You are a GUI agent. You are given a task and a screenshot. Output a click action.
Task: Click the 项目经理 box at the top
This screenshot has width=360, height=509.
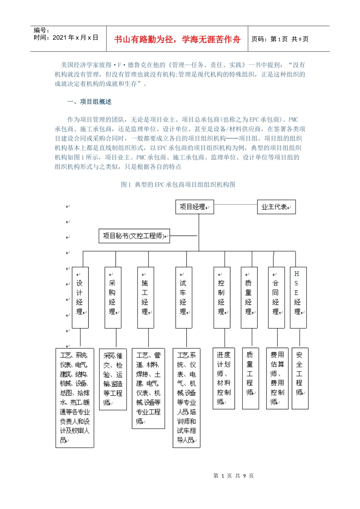194,207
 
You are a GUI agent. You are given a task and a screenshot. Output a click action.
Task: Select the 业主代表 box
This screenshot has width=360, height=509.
276,207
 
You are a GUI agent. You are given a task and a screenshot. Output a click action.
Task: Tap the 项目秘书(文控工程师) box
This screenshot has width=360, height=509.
134,236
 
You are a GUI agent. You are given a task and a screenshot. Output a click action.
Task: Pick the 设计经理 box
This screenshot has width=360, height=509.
80,297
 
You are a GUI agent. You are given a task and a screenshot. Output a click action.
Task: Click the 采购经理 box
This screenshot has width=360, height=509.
113,297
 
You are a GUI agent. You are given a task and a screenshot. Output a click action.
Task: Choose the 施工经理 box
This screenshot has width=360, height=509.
146,297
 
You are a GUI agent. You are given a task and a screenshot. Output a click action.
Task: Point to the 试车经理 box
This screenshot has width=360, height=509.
184,297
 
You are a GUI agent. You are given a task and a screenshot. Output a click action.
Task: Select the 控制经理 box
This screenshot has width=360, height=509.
222,297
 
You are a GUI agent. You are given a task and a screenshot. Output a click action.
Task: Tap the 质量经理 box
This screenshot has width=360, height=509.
249,297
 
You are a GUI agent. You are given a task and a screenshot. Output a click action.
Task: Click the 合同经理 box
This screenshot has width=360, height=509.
276,297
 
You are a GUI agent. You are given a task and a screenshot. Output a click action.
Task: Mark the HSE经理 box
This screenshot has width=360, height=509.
298,297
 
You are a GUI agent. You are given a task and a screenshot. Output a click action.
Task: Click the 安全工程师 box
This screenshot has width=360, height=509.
300,378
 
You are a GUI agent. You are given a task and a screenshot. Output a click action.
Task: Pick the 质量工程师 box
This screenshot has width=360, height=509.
250,378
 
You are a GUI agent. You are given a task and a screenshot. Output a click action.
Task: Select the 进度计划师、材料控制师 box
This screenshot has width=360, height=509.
224,378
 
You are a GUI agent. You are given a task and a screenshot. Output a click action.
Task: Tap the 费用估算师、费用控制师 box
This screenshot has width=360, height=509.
277,378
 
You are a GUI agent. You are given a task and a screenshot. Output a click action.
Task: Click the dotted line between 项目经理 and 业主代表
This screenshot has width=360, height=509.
235,205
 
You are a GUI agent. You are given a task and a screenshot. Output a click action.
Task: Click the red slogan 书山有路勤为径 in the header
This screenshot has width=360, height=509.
177,39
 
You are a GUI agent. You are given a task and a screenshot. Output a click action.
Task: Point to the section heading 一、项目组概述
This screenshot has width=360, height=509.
89,102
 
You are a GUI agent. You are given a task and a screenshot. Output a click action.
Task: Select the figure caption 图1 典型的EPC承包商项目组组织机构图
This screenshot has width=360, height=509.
178,184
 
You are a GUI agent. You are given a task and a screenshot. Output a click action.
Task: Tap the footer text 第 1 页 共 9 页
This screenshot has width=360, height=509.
233,476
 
